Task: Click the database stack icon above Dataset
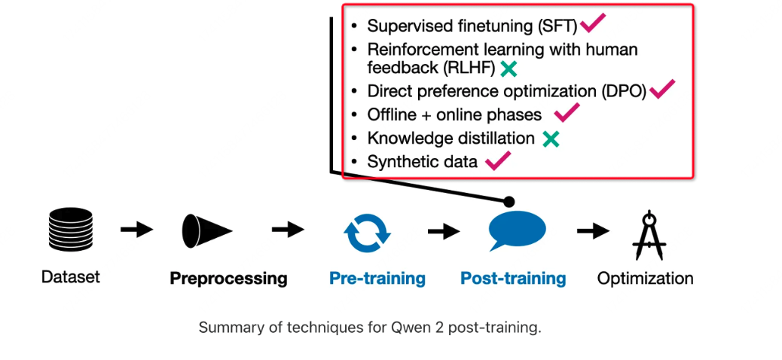[71, 230]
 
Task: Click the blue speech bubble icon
[517, 230]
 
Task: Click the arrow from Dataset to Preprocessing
[136, 230]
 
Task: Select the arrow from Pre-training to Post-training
[444, 231]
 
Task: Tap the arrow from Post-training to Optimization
[594, 231]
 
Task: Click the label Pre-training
[377, 278]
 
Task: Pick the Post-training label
[513, 278]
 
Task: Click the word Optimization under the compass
[646, 278]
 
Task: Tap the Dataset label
[71, 276]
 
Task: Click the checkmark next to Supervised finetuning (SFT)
[593, 23]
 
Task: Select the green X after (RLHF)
[509, 69]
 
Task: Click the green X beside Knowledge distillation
[551, 139]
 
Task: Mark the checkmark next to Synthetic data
[498, 160]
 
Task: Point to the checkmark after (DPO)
[662, 89]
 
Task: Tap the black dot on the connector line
[509, 202]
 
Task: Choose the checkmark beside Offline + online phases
[567, 113]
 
